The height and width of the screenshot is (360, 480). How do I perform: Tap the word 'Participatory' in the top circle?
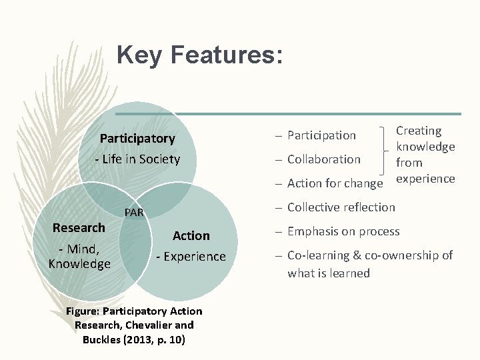pos(137,139)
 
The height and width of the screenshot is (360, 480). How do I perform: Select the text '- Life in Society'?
pos(137,159)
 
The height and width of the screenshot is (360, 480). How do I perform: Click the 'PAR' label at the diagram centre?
pos(135,213)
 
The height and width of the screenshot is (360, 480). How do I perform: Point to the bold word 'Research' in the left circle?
pos(79,227)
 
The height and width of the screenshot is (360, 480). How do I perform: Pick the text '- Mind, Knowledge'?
pos(79,257)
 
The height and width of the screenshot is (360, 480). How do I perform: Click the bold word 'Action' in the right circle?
pos(191,235)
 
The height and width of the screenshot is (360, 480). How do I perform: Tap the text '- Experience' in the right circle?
pos(191,257)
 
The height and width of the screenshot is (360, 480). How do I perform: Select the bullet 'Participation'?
pos(321,135)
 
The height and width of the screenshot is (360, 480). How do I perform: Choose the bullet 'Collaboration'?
pos(323,159)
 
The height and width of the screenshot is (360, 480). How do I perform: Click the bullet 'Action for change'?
pos(335,183)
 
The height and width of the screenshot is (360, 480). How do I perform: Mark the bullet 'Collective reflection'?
pos(341,207)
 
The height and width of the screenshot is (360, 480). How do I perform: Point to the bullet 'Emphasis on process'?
pos(343,231)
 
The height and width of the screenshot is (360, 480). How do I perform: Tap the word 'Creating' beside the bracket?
pos(419,131)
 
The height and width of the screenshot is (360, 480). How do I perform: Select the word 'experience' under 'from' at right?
pos(425,178)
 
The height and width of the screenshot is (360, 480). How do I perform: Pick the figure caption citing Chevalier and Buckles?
pos(135,325)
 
